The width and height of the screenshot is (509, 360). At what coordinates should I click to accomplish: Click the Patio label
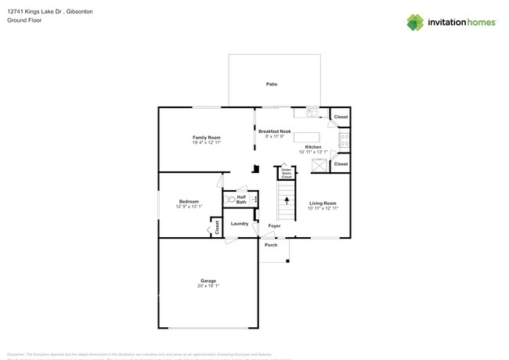click(x=272, y=84)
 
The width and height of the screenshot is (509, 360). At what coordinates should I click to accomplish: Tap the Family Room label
click(x=207, y=137)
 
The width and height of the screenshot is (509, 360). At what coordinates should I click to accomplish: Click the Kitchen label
click(x=313, y=147)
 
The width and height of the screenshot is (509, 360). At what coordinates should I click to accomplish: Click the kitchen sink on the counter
click(x=312, y=113)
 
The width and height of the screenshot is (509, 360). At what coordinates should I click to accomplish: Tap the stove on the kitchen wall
click(x=344, y=141)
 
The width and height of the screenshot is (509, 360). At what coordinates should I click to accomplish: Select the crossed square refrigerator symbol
click(x=318, y=164)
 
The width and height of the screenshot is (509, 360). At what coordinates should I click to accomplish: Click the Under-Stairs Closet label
click(x=287, y=173)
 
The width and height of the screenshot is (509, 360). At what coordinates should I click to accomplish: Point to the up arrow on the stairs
click(x=287, y=201)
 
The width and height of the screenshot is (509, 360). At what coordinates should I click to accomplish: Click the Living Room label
click(x=323, y=203)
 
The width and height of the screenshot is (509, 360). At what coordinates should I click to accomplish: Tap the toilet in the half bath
click(x=231, y=199)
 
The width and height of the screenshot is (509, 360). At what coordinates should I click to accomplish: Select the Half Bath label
click(x=241, y=200)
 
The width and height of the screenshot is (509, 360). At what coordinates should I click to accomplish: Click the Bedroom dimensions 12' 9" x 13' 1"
click(x=190, y=207)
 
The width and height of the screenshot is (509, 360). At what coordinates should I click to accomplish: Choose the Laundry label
click(x=240, y=224)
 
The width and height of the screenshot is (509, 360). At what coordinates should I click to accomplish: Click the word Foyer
click(x=274, y=226)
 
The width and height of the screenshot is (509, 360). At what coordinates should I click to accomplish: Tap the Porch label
click(x=271, y=245)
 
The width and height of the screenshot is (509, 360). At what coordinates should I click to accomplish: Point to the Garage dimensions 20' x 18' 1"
click(x=208, y=286)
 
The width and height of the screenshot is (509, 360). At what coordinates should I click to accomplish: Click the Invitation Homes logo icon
click(x=415, y=22)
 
